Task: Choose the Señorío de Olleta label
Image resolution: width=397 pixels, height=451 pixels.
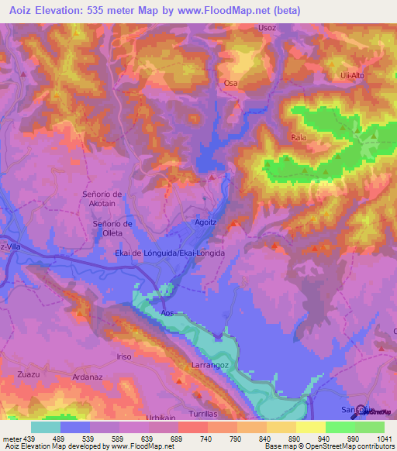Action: tap(113, 229)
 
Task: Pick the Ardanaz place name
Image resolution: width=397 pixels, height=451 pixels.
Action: tap(87, 377)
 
